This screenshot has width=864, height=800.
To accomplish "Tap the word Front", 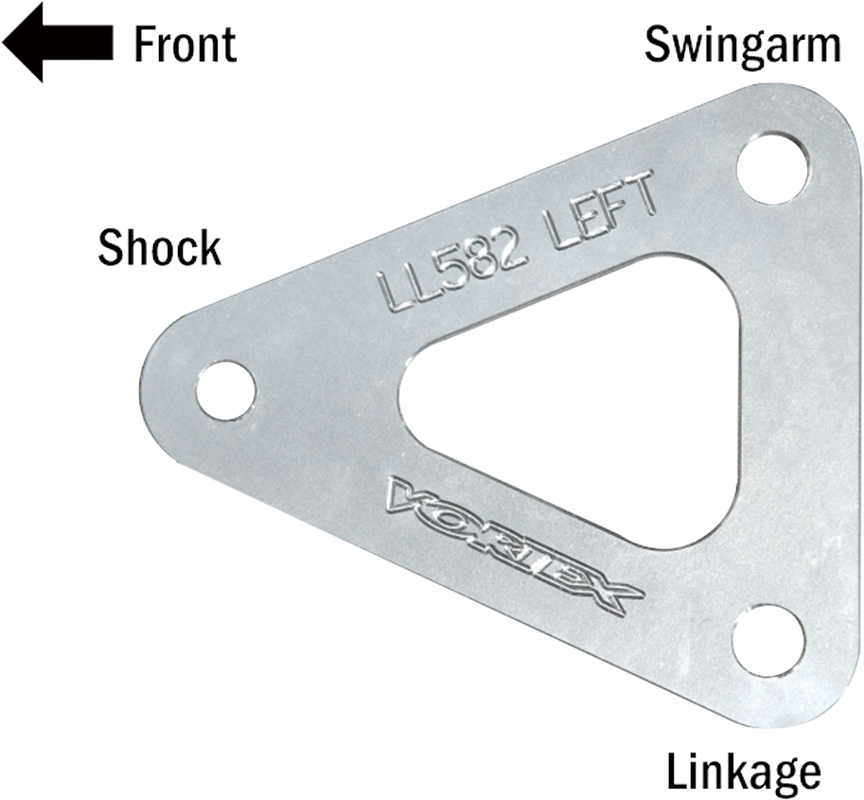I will point(185,44).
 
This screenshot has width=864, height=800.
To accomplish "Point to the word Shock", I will point(159,248).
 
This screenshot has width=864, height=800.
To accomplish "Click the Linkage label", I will point(744,772).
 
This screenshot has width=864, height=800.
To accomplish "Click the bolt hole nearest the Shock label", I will point(226,390).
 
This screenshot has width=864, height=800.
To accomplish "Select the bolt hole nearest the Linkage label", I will point(768,640).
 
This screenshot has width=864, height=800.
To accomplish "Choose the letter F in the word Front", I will point(144,44).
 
